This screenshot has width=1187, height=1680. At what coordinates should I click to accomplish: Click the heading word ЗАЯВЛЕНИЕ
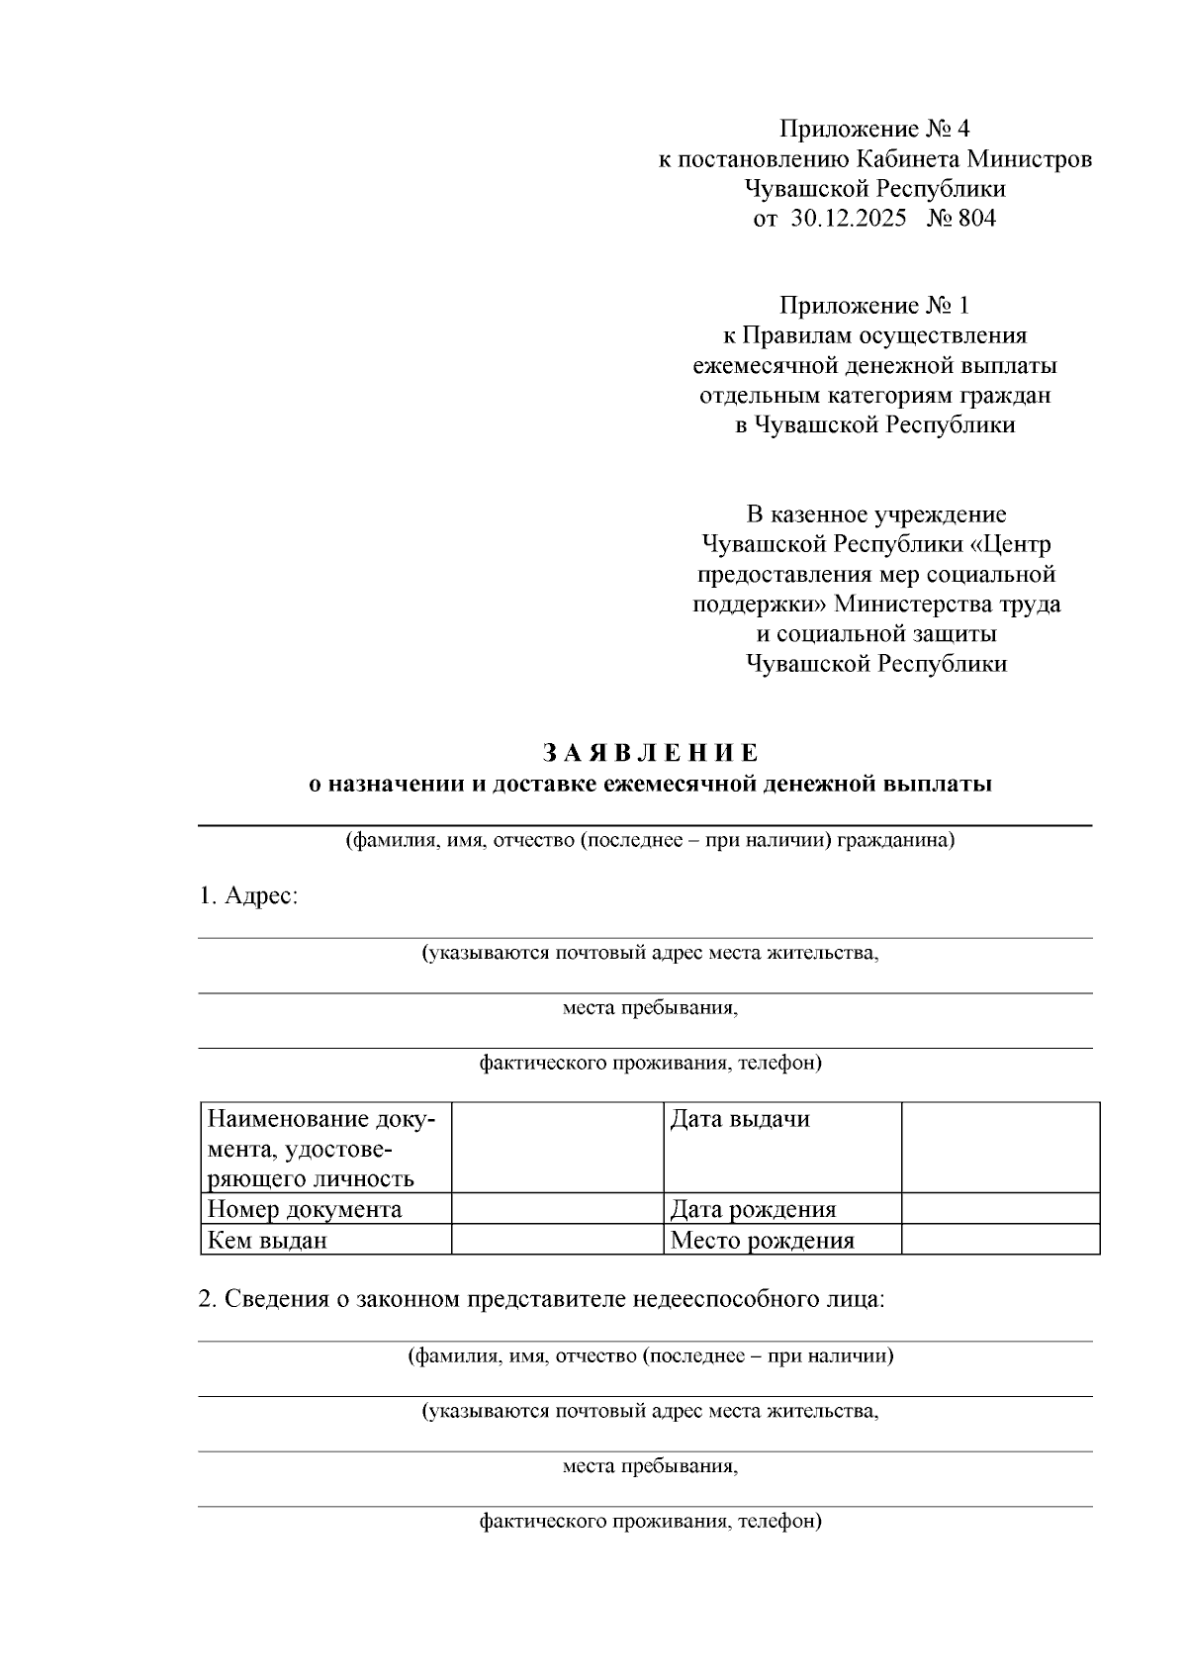coord(651,753)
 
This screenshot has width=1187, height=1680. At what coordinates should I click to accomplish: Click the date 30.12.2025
coord(848,219)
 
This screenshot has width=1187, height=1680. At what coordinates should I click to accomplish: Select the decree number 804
coord(976,219)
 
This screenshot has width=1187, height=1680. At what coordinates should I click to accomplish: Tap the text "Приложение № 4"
coord(875,130)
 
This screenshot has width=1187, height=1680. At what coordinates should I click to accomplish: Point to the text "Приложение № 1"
coord(875,306)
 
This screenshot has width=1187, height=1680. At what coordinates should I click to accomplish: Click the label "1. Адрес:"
coord(248,896)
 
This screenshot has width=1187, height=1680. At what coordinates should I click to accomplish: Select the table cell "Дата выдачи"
coord(740,1120)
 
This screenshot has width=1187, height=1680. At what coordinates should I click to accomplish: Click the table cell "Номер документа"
coord(304,1209)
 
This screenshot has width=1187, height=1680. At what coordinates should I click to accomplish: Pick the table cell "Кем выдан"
coord(267,1240)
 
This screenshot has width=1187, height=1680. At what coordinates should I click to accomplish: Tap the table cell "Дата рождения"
coord(753,1209)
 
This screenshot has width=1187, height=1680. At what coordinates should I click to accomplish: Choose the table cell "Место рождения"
coord(762,1240)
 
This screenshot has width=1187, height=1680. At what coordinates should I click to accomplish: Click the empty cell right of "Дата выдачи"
coord(1000,1148)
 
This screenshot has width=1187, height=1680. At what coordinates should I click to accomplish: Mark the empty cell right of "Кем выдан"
coord(557,1240)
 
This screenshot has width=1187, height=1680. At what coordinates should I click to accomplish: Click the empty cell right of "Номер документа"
coord(557,1209)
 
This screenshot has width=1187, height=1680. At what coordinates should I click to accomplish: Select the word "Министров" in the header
coord(1030,159)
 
